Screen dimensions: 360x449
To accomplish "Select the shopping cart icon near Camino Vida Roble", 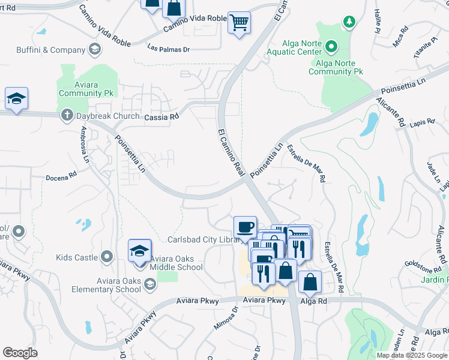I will click(239, 23).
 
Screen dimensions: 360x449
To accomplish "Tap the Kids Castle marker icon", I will click(107, 257).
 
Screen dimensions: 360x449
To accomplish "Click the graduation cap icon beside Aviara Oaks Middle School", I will click(139, 251).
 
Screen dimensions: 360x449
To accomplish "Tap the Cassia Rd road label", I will click(161, 117).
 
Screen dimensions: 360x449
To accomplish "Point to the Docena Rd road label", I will click(62, 177).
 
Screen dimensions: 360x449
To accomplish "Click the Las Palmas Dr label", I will click(168, 49).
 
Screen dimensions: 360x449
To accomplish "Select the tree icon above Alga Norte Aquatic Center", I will click(349, 22).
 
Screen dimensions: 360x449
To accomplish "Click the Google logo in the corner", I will click(20, 352).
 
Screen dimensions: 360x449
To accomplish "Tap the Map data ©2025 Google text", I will click(412, 355).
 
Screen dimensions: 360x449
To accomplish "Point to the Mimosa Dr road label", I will click(226, 318).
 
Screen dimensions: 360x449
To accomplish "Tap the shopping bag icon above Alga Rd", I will click(310, 280).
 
